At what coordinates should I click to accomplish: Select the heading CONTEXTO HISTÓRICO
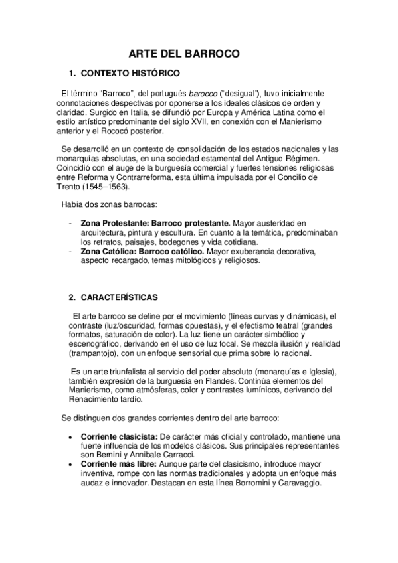point(129,73)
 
